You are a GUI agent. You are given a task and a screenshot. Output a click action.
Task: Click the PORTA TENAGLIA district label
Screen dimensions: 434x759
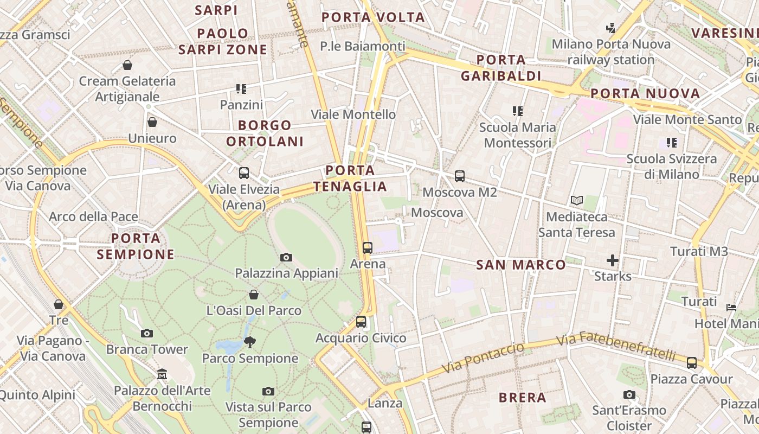pos(350,178)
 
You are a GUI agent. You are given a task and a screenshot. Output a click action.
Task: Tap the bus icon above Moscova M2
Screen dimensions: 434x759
pos(460,176)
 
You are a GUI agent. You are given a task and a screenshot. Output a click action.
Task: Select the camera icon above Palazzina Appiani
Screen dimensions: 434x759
pos(286,257)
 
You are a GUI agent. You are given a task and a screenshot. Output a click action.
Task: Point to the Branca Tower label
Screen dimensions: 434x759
pos(147,349)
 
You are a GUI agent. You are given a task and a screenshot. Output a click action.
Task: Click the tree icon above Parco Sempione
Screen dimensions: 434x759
pos(250,342)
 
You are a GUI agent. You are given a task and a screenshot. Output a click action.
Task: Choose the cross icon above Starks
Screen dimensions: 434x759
pos(613,260)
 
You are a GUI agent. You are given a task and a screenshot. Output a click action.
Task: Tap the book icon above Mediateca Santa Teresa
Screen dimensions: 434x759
pos(576,201)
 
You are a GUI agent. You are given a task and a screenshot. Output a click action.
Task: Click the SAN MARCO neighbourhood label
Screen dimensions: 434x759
pos(521,265)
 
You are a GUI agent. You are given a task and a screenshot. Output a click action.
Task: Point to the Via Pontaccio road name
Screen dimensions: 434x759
pos(484,358)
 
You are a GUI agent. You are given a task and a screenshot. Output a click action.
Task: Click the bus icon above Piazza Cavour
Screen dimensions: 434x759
pos(692,362)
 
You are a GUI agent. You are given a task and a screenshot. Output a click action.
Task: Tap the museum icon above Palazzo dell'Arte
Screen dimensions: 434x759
pos(162,374)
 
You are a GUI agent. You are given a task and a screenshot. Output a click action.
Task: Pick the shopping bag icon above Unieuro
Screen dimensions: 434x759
pos(152,122)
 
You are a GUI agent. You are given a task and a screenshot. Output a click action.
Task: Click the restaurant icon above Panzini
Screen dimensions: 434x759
pos(241,88)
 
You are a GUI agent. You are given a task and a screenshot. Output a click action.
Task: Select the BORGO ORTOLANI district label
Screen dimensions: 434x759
pos(265,133)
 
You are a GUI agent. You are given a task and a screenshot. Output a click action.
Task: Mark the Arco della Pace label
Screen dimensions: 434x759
pos(93,217)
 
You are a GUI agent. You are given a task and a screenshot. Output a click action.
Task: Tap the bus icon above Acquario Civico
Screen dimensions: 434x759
pos(361,322)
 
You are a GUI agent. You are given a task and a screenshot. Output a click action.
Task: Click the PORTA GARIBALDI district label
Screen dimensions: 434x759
pos(501,68)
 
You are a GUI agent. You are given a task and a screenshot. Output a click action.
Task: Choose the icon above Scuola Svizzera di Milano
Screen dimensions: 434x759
pos(672,143)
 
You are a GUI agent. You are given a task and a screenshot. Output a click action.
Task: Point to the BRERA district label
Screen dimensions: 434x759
pos(523,398)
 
